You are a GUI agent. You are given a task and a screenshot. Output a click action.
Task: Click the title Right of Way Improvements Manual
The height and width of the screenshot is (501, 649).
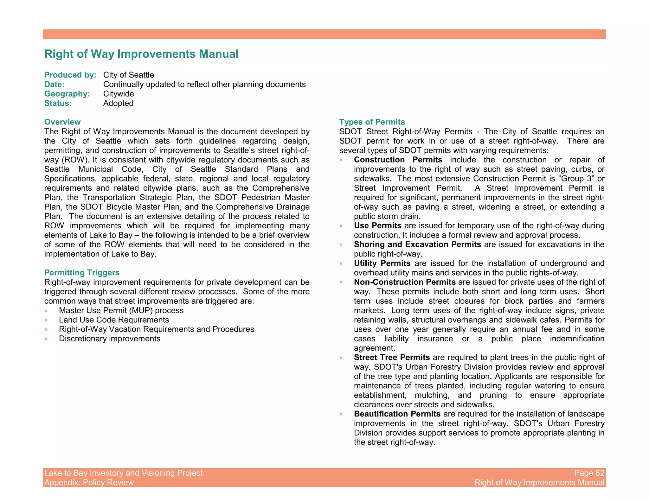point(141,54)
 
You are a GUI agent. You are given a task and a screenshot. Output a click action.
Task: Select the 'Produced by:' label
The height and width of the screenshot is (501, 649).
point(70,75)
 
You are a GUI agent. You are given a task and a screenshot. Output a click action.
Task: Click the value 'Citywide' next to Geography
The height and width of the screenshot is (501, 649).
point(119,94)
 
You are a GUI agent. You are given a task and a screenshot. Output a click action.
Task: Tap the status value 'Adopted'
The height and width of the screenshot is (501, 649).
point(118,103)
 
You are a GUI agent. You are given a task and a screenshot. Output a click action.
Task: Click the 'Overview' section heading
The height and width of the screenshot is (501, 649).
point(62,122)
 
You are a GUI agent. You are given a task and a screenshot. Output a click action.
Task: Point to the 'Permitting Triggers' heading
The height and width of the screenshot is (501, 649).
point(82,273)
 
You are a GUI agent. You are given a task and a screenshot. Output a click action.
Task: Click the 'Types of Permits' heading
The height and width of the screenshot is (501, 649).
point(372,122)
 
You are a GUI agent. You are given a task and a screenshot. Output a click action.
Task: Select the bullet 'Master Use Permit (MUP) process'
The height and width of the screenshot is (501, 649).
point(121,310)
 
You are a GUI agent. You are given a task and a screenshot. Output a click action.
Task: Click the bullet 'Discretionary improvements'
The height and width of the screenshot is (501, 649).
point(110,339)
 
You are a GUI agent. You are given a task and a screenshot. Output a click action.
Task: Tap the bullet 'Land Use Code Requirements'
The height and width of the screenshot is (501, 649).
point(114,320)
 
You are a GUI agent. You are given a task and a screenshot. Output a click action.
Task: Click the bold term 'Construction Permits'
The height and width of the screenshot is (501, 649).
point(398,160)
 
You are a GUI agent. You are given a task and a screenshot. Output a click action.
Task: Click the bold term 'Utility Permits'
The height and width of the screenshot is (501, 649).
point(382,263)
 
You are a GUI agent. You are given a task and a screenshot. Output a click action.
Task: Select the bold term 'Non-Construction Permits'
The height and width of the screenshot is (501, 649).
point(405,282)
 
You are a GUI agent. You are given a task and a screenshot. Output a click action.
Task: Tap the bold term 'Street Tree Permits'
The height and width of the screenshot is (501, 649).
point(392,358)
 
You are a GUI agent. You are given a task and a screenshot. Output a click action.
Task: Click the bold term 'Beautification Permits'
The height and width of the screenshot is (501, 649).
point(397,414)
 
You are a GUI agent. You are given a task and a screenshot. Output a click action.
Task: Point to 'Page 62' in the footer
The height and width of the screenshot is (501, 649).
point(589,473)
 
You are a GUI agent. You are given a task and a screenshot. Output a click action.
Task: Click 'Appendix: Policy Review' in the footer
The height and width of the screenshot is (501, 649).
point(89,483)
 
